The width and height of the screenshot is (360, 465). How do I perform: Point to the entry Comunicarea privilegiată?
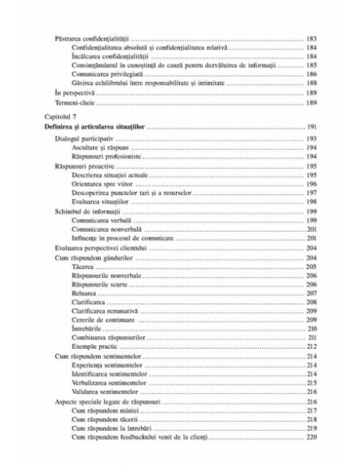pyautogui.click(x=100, y=72)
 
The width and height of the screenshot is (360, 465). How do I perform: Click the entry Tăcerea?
pyautogui.click(x=79, y=267)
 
